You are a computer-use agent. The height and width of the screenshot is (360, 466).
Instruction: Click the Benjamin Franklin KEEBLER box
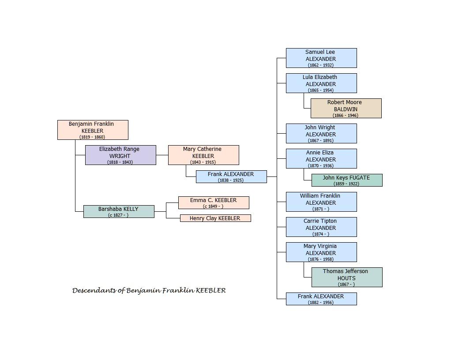[93, 130]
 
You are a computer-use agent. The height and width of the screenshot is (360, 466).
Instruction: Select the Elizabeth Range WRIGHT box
[120, 155]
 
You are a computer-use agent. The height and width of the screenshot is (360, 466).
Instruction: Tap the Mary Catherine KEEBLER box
[203, 155]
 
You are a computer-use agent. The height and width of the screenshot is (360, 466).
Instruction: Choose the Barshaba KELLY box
[119, 211]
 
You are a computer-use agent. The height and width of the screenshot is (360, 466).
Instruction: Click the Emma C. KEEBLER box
[214, 202]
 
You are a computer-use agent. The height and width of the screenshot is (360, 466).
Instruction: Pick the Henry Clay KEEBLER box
[215, 218]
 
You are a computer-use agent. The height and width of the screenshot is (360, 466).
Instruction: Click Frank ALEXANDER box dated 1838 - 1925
[231, 177]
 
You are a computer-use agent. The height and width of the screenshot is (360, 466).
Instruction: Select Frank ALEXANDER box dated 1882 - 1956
[321, 299]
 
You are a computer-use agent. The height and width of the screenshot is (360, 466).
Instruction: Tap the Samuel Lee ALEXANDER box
[321, 58]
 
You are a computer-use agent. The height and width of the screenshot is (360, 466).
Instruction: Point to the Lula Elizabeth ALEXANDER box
[321, 83]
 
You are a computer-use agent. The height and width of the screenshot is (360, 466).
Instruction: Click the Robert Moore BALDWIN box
[346, 108]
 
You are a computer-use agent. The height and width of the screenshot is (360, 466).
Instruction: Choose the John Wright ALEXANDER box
[321, 133]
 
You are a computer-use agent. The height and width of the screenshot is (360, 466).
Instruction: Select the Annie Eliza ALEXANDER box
[321, 159]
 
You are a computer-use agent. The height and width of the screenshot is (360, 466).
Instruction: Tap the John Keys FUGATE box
[347, 180]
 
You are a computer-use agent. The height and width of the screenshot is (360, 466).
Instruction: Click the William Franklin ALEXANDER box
[321, 202]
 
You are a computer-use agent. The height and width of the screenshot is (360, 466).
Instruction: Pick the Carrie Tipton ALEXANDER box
[321, 227]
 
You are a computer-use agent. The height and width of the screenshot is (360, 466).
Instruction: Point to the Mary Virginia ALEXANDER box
[321, 252]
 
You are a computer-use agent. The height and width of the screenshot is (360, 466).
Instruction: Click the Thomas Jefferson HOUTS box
[347, 277]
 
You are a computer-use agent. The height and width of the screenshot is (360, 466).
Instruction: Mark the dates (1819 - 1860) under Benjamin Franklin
[92, 137]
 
